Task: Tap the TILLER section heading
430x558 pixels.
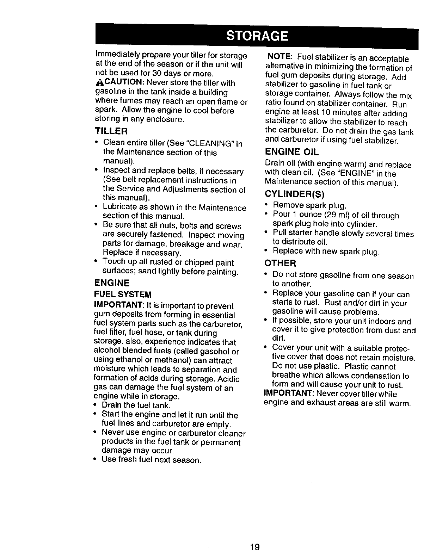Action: point(111,131)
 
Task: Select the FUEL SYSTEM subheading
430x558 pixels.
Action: point(123,294)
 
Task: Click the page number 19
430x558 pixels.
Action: point(254,547)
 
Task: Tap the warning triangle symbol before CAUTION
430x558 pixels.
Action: point(99,84)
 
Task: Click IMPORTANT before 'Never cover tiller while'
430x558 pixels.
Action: point(286,393)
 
